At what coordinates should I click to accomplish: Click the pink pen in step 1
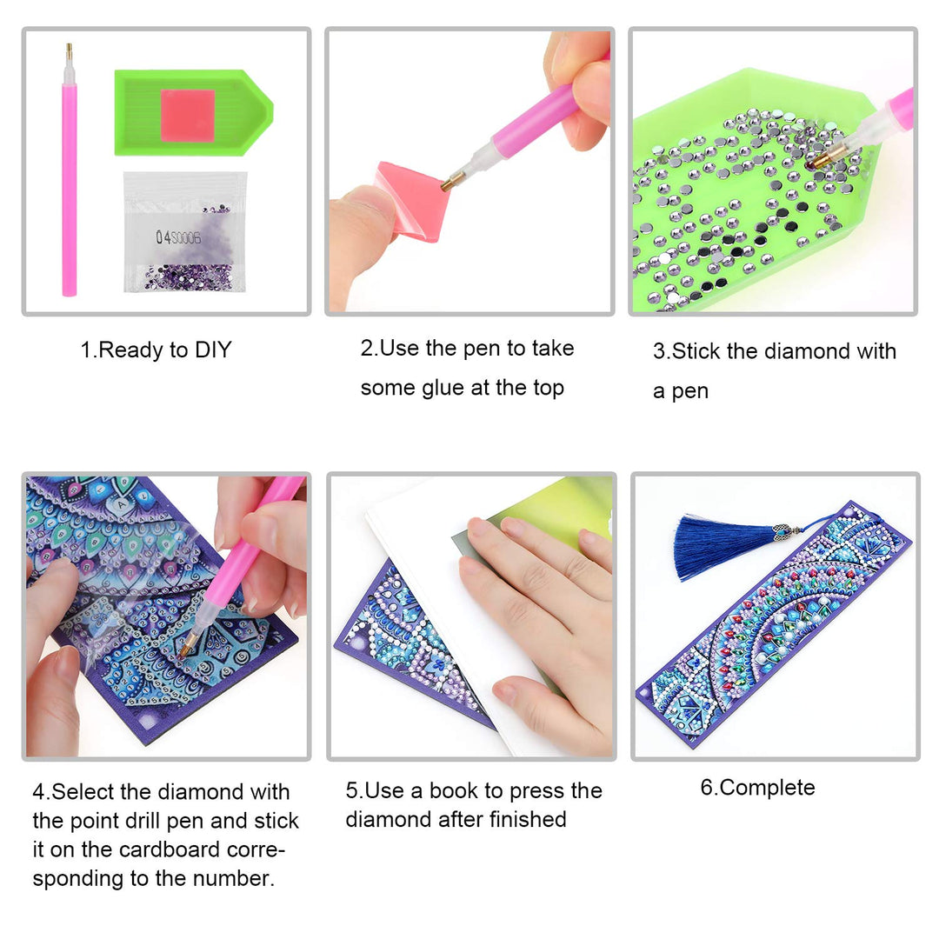[70, 174]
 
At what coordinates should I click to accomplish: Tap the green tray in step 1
[193, 112]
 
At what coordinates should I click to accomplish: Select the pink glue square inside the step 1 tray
[188, 115]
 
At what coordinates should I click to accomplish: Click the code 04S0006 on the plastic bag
[178, 237]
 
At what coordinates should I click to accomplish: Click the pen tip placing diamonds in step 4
[188, 645]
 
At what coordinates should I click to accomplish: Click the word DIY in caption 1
[213, 350]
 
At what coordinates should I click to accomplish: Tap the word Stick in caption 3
[696, 351]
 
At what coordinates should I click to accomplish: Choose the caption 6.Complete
[757, 789]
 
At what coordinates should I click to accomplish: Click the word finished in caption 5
[528, 819]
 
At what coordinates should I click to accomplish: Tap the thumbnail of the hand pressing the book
[471, 616]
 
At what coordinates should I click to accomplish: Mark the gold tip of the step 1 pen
[69, 54]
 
